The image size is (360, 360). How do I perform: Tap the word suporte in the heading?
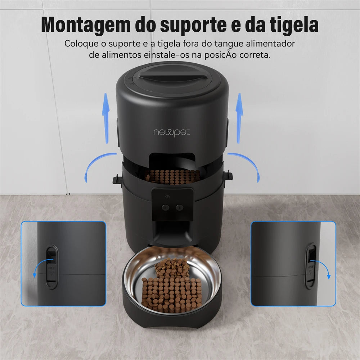point(190,25)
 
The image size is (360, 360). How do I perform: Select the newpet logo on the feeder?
point(172,132)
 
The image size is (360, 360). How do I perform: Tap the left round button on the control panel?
point(165,207)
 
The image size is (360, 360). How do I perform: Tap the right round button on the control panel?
point(179,207)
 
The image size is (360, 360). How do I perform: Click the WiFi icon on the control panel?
point(167,197)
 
